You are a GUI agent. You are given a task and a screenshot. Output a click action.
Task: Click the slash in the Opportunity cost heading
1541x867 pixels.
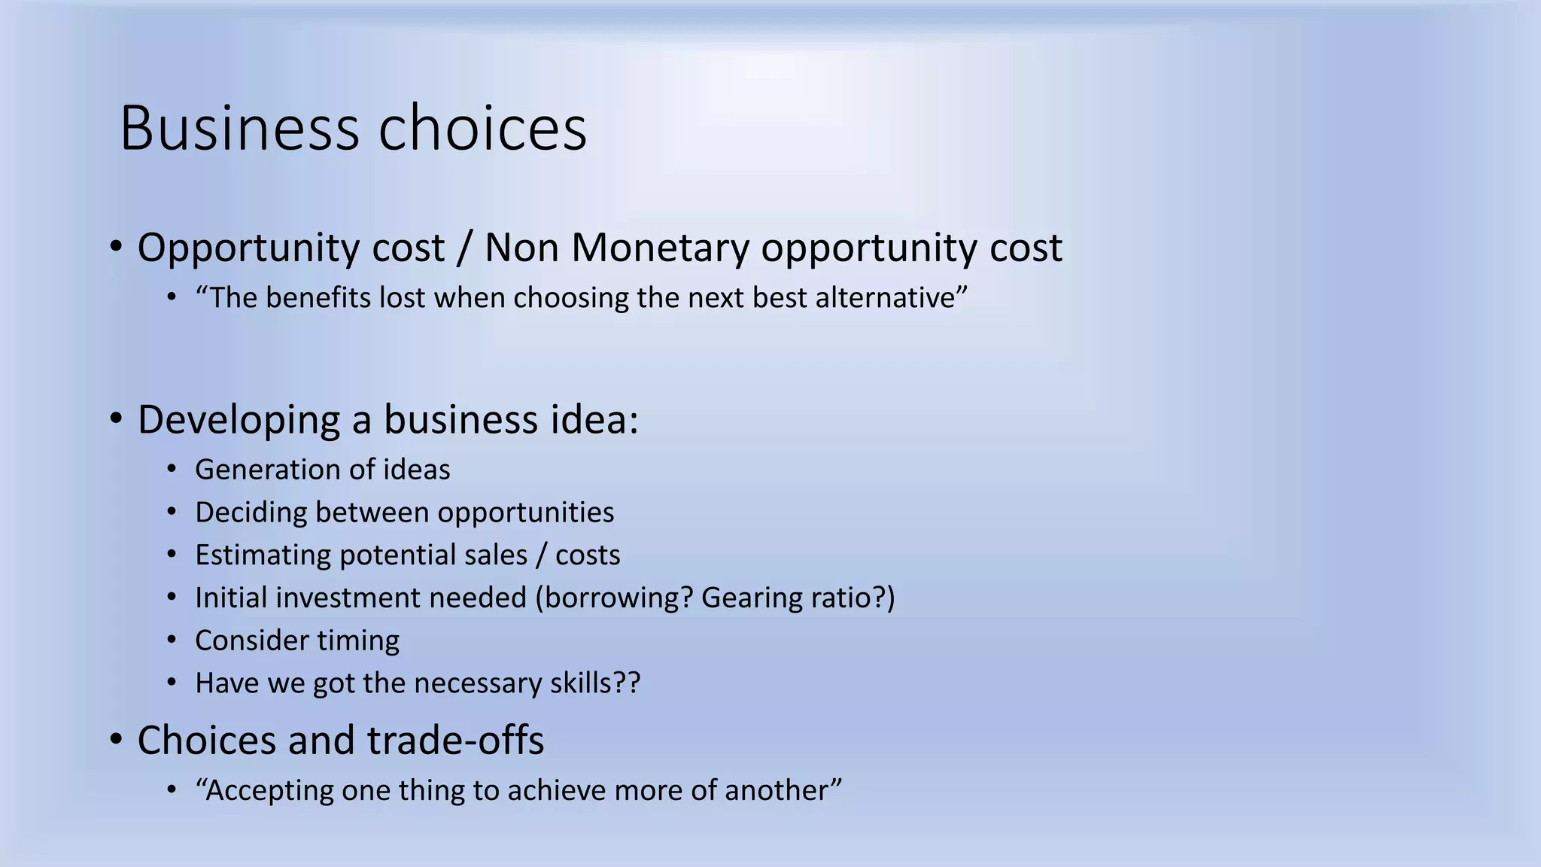[464, 248]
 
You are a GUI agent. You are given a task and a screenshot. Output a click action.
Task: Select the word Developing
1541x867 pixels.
[239, 420]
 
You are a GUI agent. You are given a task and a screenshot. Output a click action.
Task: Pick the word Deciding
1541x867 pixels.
[250, 513]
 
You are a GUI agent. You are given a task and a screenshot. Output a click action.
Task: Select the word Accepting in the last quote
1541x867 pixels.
[269, 791]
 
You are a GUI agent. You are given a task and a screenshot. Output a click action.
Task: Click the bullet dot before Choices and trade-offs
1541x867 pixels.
[115, 740]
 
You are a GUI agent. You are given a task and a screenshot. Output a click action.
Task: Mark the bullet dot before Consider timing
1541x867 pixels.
[172, 640]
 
